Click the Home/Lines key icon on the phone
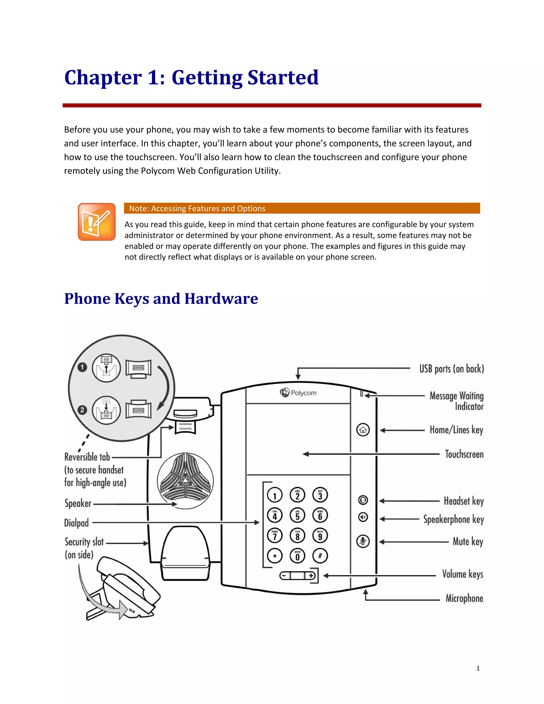click(x=363, y=430)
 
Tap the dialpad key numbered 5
click(x=297, y=515)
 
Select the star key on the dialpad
click(x=275, y=556)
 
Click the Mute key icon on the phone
click(x=363, y=541)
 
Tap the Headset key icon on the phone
click(x=363, y=500)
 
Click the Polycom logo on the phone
click(x=298, y=393)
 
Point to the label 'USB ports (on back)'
click(x=452, y=368)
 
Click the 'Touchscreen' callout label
click(x=464, y=454)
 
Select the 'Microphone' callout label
click(x=464, y=598)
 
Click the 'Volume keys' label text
click(x=462, y=574)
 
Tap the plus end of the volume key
click(x=311, y=576)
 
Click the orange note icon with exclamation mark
click(x=97, y=222)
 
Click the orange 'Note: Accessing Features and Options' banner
click(x=302, y=208)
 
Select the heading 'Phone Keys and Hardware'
click(x=161, y=299)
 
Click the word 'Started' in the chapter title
click(x=283, y=77)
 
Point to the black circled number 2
click(x=82, y=410)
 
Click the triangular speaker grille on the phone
click(x=185, y=481)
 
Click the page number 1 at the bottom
click(x=478, y=668)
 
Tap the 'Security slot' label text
click(x=84, y=542)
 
